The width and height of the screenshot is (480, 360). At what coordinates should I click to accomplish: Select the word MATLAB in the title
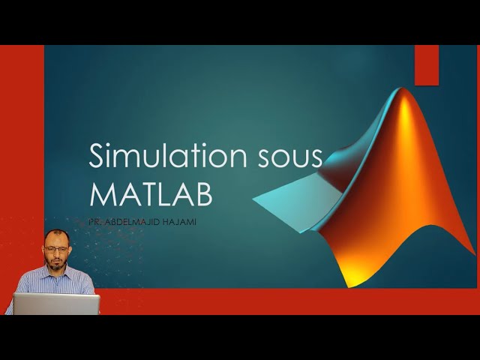tap(151, 193)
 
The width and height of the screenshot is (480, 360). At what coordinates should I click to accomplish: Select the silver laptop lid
tap(56, 303)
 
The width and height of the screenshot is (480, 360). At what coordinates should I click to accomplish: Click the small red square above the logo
tap(426, 64)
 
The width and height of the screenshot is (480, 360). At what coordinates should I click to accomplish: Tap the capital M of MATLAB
tap(102, 193)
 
